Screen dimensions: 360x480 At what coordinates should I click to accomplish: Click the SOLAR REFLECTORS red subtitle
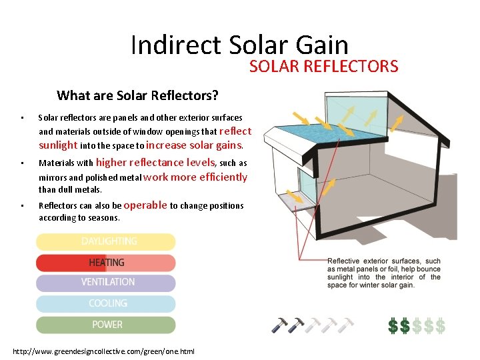click(323, 66)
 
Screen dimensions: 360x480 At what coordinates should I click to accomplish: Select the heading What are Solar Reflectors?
click(137, 95)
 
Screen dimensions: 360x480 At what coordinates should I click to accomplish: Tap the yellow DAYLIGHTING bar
click(106, 241)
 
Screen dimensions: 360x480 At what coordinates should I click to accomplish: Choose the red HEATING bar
click(106, 262)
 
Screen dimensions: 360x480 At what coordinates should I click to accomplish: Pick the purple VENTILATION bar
click(106, 283)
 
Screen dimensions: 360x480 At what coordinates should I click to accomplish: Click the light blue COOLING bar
click(106, 303)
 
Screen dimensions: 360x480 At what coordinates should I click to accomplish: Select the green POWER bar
click(106, 325)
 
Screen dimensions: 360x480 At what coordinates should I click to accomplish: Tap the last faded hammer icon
click(345, 326)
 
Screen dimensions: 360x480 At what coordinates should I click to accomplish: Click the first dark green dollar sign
click(393, 326)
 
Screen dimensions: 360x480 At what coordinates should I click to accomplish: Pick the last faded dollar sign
click(439, 326)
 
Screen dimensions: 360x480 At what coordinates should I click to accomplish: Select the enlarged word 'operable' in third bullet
click(145, 205)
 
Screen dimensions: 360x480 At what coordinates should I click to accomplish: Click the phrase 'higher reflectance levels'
click(156, 162)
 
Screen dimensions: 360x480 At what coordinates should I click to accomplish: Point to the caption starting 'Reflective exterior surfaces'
click(383, 273)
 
